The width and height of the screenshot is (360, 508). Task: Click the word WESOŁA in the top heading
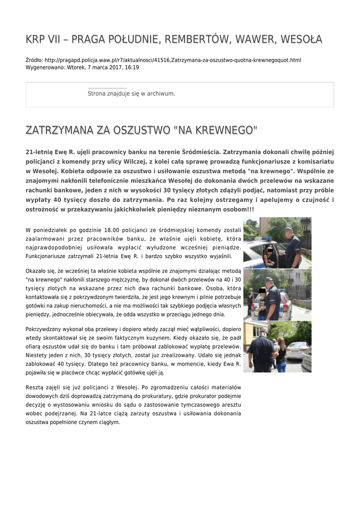(301, 39)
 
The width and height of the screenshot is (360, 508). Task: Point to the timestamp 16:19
(132, 67)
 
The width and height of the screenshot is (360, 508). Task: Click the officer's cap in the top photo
(288, 230)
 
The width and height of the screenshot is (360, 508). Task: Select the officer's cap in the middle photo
(269, 280)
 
